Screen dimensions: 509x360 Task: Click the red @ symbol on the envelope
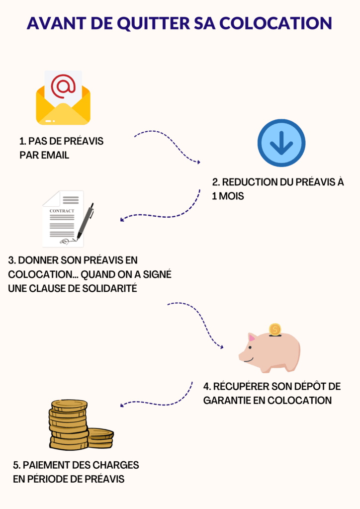click(x=63, y=86)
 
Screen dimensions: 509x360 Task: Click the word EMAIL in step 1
click(x=55, y=155)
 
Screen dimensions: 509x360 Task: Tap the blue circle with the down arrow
click(x=281, y=143)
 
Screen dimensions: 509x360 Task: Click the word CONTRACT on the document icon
click(x=62, y=211)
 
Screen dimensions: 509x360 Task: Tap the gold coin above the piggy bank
click(x=274, y=329)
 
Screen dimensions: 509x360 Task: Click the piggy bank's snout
click(x=243, y=356)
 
